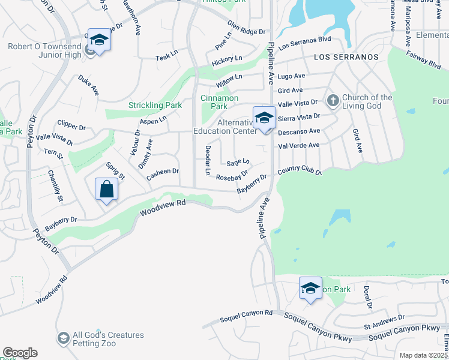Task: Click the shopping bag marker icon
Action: click(x=106, y=190)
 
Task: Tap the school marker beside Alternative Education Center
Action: click(x=264, y=118)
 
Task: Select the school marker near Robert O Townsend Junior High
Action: click(x=100, y=40)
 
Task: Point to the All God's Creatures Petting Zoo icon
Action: click(x=63, y=339)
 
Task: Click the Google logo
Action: click(x=20, y=353)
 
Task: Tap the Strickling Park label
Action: click(x=155, y=106)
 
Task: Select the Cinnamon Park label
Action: click(x=219, y=102)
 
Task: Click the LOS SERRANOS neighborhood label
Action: click(x=346, y=57)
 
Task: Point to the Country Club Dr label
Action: click(x=300, y=172)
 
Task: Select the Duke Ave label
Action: click(x=88, y=85)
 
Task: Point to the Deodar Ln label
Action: click(x=207, y=160)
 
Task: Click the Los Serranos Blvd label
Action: click(x=305, y=42)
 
